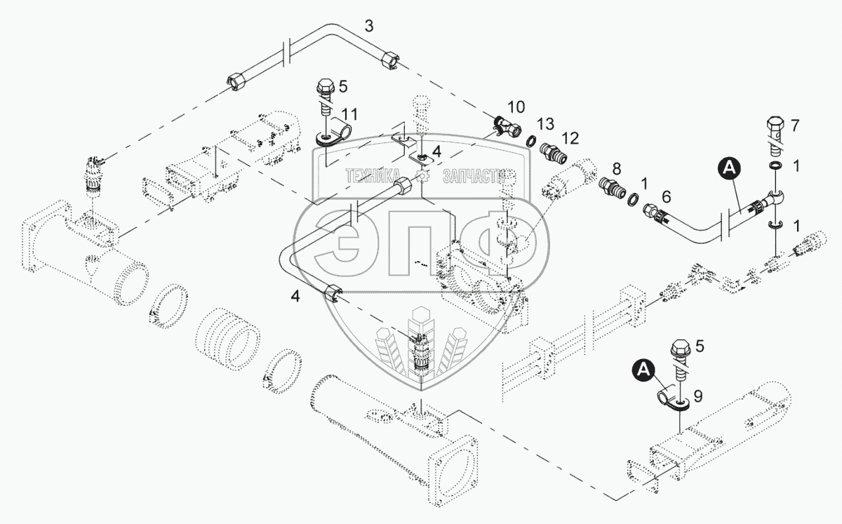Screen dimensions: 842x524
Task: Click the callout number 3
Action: tap(369, 27)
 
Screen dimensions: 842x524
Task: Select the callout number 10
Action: tap(516, 107)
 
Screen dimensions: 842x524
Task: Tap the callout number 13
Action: tap(545, 123)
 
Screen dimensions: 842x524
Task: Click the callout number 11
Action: tap(349, 114)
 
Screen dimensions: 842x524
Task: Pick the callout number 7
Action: tap(794, 126)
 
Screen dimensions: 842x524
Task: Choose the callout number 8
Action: tap(617, 169)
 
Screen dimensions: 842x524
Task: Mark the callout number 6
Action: tap(666, 196)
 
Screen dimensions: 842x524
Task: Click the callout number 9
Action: tap(698, 396)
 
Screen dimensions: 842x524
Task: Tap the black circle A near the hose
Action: tap(730, 168)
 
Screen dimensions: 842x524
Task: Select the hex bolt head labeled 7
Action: tap(775, 134)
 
